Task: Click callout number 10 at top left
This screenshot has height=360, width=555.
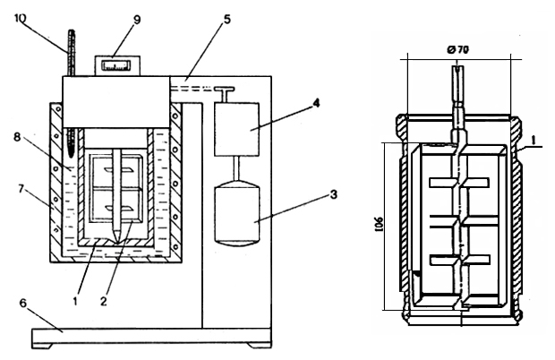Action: tap(21, 18)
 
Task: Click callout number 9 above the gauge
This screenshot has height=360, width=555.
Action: tap(137, 19)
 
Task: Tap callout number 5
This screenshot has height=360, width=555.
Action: tap(226, 19)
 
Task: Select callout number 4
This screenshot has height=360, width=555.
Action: tap(316, 103)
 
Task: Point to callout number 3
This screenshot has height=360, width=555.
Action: tap(333, 194)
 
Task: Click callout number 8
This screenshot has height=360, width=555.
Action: tap(17, 137)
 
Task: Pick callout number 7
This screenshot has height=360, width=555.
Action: tap(21, 189)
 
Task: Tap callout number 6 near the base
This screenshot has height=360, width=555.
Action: tap(22, 304)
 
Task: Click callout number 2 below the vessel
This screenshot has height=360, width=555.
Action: tap(103, 301)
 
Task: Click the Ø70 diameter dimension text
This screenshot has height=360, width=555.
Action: tap(457, 50)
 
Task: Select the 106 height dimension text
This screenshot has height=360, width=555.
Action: tap(379, 224)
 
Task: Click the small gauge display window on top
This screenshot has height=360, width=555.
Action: tap(116, 65)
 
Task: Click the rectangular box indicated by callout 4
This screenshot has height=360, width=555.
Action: tap(236, 129)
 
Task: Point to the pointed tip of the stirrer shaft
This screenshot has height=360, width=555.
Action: tap(116, 243)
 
